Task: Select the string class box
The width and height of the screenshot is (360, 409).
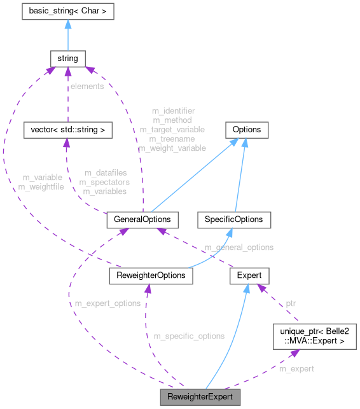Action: click(67, 59)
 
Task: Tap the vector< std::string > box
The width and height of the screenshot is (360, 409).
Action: click(67, 130)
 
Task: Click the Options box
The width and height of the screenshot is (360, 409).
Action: click(246, 130)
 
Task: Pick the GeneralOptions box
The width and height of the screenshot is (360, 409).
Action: click(142, 219)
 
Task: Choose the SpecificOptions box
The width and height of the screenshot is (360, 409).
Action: click(234, 219)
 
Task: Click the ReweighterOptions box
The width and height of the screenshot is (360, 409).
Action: click(150, 275)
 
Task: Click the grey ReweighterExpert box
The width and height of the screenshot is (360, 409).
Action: click(200, 398)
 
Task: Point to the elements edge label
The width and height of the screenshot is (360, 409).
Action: click(87, 86)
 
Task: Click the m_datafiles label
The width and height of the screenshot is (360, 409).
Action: click(105, 173)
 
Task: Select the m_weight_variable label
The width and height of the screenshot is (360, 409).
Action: click(172, 148)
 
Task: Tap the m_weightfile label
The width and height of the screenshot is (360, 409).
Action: click(41, 186)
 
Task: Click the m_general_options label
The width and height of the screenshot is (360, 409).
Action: click(239, 247)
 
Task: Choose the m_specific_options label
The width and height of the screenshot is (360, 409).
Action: click(190, 335)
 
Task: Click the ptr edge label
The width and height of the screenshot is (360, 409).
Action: click(290, 303)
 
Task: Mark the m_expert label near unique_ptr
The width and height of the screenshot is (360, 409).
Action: click(296, 368)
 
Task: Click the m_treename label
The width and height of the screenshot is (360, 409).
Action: click(172, 138)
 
